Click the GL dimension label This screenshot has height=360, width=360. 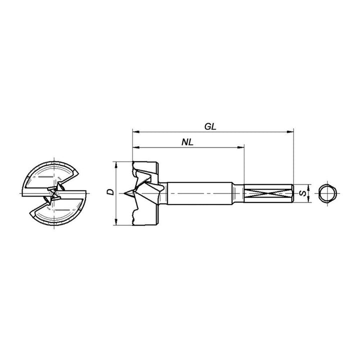click(x=210, y=126)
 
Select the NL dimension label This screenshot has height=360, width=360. click(x=187, y=142)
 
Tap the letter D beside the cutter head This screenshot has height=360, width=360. click(x=110, y=192)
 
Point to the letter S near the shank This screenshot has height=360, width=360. click(x=303, y=193)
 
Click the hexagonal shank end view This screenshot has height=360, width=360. click(x=327, y=193)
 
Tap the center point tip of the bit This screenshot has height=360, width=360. click(x=124, y=193)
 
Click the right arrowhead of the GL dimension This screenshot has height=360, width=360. click(x=290, y=132)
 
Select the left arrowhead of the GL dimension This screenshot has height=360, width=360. click(x=136, y=132)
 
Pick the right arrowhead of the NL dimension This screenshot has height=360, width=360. click(x=241, y=147)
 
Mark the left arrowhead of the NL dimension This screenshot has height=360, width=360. click(x=136, y=147)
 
